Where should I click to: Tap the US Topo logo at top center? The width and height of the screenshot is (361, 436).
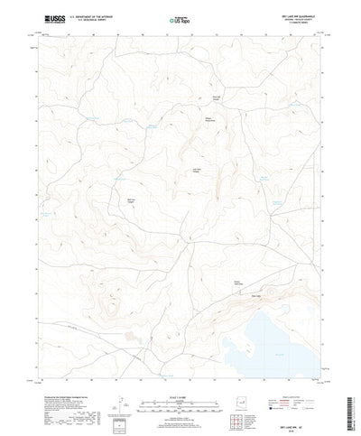(178, 19)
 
